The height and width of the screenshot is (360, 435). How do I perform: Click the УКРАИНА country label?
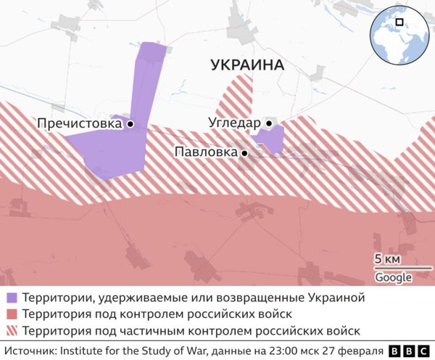[x=247, y=65]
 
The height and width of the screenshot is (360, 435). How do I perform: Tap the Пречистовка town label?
[x=79, y=124]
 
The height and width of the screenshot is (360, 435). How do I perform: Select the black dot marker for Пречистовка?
[x=130, y=124]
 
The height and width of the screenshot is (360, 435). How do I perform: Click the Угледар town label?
[x=233, y=123]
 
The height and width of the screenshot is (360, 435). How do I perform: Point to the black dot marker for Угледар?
[x=268, y=123]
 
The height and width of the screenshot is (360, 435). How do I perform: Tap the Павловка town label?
[x=207, y=152]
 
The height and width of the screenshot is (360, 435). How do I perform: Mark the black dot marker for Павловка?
[x=245, y=153]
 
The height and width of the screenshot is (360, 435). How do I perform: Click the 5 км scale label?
[x=388, y=260]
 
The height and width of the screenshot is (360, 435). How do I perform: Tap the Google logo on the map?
[x=393, y=278]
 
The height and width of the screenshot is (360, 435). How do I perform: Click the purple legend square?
[x=12, y=298]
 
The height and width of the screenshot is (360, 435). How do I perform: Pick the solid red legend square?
[x=12, y=314]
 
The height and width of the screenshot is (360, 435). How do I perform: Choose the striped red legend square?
[x=12, y=331]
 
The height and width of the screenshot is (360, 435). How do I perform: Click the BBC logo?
[x=409, y=351]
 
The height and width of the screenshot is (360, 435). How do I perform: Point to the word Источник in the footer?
[x=28, y=351]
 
